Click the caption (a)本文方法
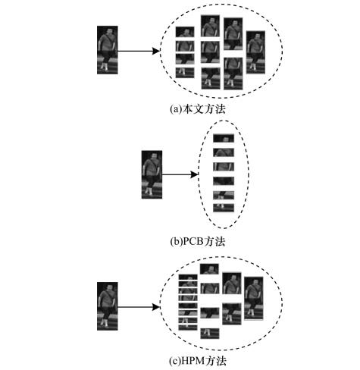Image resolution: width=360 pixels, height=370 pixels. (x=197, y=109)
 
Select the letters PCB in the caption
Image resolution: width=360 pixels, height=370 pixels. (x=193, y=241)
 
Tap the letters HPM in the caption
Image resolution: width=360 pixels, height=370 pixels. (x=193, y=361)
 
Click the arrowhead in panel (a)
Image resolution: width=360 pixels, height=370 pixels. (x=155, y=51)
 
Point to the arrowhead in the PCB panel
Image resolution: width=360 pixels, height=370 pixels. (x=194, y=174)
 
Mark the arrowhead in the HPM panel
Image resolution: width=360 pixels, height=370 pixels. (x=155, y=307)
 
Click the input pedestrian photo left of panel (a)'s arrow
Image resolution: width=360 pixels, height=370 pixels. (x=108, y=50)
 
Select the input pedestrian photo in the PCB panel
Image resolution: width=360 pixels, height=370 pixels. (x=152, y=174)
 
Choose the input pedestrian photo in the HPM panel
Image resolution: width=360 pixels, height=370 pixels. (x=108, y=306)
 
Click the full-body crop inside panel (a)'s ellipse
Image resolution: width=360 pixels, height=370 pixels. (x=255, y=52)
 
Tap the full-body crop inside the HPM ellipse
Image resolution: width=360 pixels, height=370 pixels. (x=254, y=299)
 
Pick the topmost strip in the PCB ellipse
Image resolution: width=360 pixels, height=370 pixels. (x=224, y=138)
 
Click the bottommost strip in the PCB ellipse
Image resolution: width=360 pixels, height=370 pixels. (x=224, y=208)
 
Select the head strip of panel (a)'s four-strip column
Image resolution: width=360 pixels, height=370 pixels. (x=185, y=32)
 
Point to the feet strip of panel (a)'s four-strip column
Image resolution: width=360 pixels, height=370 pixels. (x=185, y=73)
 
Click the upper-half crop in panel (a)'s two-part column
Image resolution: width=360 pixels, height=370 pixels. (x=233, y=34)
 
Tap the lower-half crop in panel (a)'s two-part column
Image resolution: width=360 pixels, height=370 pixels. (x=233, y=74)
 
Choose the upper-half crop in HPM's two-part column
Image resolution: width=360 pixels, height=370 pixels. (x=232, y=284)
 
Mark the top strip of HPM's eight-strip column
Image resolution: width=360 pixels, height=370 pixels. (x=188, y=277)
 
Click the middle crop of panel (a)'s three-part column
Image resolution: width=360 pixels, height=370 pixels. (x=211, y=52)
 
